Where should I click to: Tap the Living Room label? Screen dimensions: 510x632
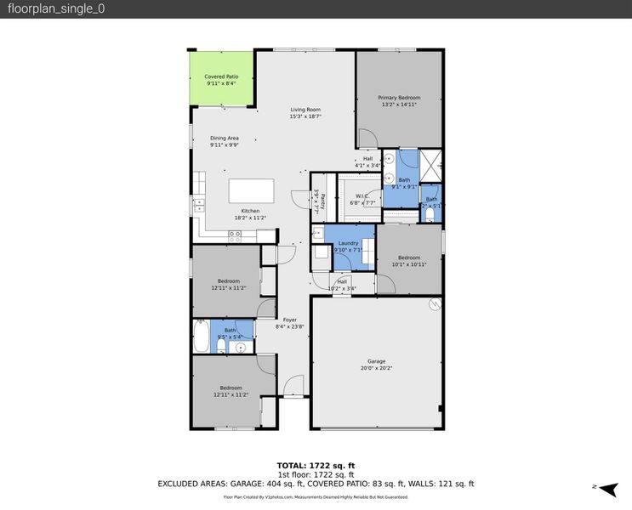click(x=305, y=109)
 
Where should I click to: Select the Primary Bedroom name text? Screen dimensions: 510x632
click(x=399, y=98)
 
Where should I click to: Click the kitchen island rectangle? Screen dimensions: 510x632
click(x=250, y=190)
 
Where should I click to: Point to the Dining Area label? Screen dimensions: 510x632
click(x=225, y=138)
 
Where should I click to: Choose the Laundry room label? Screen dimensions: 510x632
click(x=348, y=243)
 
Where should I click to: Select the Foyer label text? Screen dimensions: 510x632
click(x=290, y=320)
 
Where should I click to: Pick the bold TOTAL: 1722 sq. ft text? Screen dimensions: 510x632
click(x=316, y=465)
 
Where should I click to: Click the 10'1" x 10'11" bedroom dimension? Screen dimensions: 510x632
click(x=408, y=264)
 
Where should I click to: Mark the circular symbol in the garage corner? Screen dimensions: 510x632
click(x=435, y=303)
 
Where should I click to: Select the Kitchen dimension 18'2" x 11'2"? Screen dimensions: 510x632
click(x=251, y=218)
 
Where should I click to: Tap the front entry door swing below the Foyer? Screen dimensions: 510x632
click(x=293, y=385)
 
